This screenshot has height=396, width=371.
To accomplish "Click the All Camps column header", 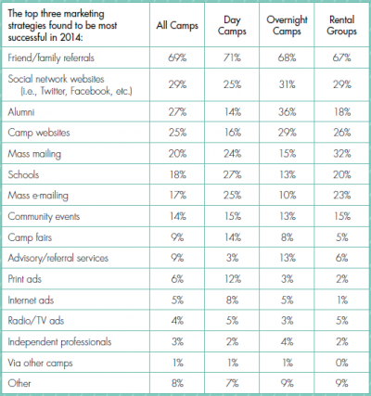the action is (177, 25).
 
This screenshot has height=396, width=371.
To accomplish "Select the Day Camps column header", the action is (232, 25).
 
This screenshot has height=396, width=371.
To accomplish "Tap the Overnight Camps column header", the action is (287, 25).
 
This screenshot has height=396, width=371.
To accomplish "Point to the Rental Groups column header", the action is (341, 25).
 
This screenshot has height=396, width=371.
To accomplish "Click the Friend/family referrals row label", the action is (51, 57).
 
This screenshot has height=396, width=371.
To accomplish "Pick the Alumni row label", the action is (21, 111).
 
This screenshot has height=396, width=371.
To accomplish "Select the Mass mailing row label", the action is (34, 154).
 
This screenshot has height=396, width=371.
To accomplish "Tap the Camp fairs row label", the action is (30, 237).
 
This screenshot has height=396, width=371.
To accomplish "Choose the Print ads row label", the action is (24, 279).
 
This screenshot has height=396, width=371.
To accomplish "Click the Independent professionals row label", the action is (59, 341).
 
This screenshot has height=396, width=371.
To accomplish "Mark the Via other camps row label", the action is (40, 363).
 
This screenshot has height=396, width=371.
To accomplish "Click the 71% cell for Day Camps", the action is (232, 57).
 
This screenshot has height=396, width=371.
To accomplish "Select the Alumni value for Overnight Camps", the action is (287, 111).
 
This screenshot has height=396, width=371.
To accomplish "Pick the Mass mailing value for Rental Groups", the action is (342, 154).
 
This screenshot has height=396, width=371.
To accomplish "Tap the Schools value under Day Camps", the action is (232, 174).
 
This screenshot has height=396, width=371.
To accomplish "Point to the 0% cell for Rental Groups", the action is (342, 363).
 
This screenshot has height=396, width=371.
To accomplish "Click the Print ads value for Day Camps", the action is (232, 279).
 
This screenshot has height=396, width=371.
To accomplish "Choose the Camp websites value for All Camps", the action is (177, 133).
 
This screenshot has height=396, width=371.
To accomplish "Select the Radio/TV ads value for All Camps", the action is (177, 321).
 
